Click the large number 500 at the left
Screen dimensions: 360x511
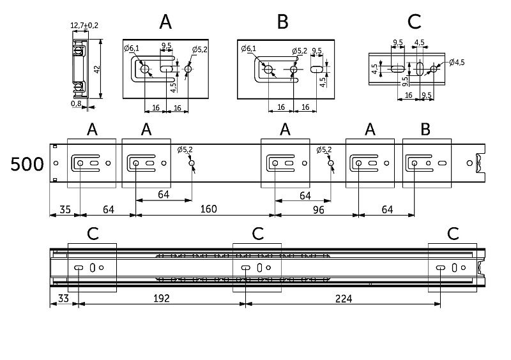27,165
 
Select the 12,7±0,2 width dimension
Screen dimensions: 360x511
84,26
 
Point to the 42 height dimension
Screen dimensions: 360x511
98,68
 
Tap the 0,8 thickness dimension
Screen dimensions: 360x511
77,103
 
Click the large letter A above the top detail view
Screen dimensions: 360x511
165,22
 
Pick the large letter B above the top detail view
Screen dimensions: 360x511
283,22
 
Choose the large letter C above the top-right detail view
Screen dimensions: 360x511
414,22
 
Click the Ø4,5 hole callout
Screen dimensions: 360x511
456,62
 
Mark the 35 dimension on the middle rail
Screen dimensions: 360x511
65,209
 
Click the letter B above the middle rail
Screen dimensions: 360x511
425,130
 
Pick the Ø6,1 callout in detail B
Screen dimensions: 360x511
248,48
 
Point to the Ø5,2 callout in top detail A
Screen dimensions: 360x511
200,49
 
